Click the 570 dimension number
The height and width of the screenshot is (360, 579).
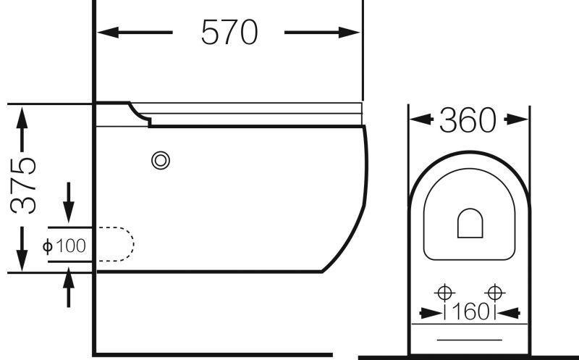pyautogui.click(x=229, y=32)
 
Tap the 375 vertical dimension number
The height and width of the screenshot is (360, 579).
pyautogui.click(x=23, y=185)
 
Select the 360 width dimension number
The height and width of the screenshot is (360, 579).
pyautogui.click(x=468, y=120)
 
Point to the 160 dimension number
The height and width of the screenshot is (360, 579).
pyautogui.click(x=470, y=311)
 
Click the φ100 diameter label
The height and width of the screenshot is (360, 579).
pyautogui.click(x=64, y=246)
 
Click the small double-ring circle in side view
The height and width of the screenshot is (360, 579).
pyautogui.click(x=161, y=161)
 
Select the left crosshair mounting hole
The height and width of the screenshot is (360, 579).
pyautogui.click(x=444, y=293)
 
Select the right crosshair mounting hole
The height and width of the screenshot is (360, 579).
pyautogui.click(x=494, y=293)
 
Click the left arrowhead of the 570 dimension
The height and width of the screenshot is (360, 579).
pyautogui.click(x=108, y=33)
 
